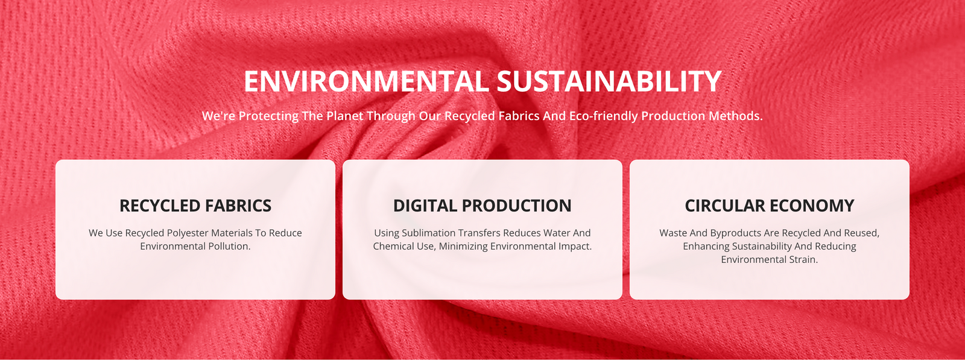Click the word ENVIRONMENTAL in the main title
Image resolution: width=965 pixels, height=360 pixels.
[366, 81]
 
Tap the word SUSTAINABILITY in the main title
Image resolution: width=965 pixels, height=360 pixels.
[609, 81]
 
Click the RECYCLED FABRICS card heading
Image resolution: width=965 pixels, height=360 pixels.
[195, 206]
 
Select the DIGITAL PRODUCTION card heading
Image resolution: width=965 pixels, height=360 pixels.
[482, 206]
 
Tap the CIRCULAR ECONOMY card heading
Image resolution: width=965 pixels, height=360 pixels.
[770, 206]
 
